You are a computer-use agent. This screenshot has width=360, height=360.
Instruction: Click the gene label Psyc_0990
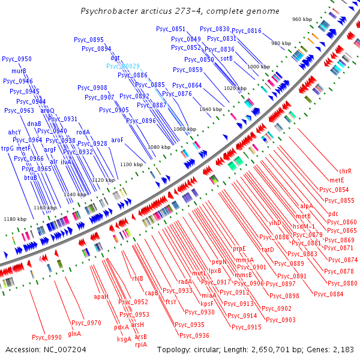(46, 337)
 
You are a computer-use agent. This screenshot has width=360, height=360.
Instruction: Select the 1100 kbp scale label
(131, 164)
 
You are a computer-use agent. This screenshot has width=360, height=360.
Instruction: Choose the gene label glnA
(74, 334)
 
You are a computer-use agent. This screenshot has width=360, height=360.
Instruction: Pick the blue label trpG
(7, 148)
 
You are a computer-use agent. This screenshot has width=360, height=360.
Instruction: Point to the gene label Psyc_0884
(328, 294)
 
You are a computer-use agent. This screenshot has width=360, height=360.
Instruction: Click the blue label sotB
(226, 58)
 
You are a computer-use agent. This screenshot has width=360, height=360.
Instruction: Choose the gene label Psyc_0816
(247, 31)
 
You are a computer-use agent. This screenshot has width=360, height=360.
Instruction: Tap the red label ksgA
(124, 339)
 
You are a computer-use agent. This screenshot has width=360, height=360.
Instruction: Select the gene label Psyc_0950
(17, 59)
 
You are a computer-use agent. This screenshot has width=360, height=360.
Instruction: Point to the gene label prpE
(240, 248)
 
